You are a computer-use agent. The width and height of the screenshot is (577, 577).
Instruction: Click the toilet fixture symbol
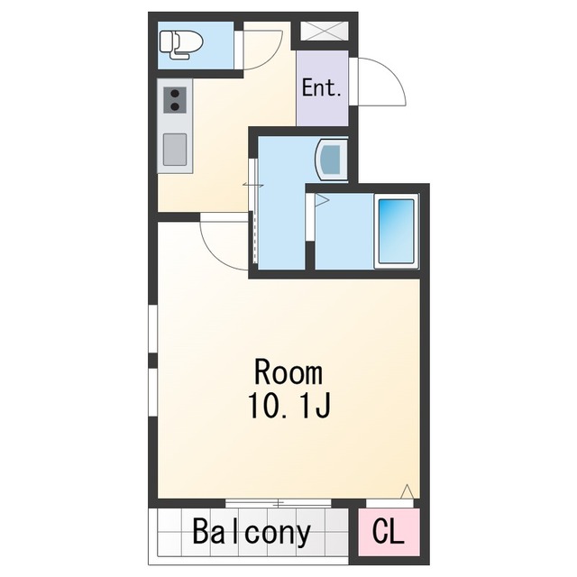click(181, 45)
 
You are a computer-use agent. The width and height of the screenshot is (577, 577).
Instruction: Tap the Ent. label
click(321, 88)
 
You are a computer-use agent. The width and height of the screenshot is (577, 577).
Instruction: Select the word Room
click(288, 372)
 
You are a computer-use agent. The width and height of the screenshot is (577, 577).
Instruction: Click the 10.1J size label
click(289, 406)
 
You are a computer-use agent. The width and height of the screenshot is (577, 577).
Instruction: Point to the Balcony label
click(252, 532)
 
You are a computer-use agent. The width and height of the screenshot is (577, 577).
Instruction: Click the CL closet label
click(389, 532)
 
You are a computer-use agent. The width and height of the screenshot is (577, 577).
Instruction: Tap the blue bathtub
click(397, 231)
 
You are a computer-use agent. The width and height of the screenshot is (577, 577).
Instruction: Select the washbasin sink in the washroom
click(332, 159)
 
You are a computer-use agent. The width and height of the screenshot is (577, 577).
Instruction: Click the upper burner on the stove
click(175, 93)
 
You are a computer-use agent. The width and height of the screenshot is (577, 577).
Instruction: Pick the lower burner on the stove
click(175, 106)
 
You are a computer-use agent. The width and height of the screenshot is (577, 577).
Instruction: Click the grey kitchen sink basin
click(175, 150)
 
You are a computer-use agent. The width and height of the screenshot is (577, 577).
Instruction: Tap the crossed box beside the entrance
click(325, 32)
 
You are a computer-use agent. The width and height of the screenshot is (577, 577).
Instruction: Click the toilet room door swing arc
click(270, 58)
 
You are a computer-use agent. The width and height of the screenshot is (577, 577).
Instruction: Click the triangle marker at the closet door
click(407, 491)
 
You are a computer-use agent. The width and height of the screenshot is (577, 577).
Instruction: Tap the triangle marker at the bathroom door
click(321, 200)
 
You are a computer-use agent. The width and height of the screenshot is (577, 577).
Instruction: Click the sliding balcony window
click(279, 503)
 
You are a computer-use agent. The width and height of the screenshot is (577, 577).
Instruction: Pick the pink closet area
click(389, 532)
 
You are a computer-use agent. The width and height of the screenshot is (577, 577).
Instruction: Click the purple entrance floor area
click(323, 88)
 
